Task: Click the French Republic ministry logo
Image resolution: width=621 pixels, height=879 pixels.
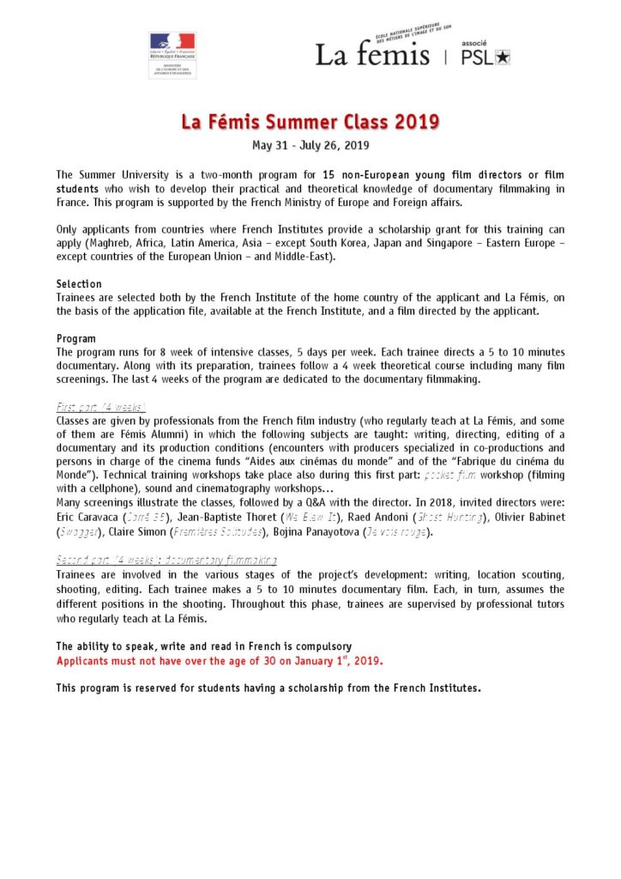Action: pyautogui.click(x=172, y=54)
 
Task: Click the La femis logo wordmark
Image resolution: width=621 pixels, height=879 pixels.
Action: pyautogui.click(x=372, y=55)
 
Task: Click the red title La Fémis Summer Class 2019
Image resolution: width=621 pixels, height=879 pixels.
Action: pyautogui.click(x=310, y=122)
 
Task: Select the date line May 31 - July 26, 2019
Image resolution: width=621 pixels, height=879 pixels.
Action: pyautogui.click(x=310, y=144)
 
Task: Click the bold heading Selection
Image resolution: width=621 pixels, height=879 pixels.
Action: pyautogui.click(x=79, y=283)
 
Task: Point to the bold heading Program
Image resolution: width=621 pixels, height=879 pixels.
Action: pyautogui.click(x=76, y=338)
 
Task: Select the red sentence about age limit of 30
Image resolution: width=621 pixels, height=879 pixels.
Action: pyautogui.click(x=220, y=661)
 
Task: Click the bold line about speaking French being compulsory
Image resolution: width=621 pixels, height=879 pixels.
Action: pyautogui.click(x=203, y=646)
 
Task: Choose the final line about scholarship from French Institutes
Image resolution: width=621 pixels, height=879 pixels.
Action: pyautogui.click(x=268, y=688)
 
